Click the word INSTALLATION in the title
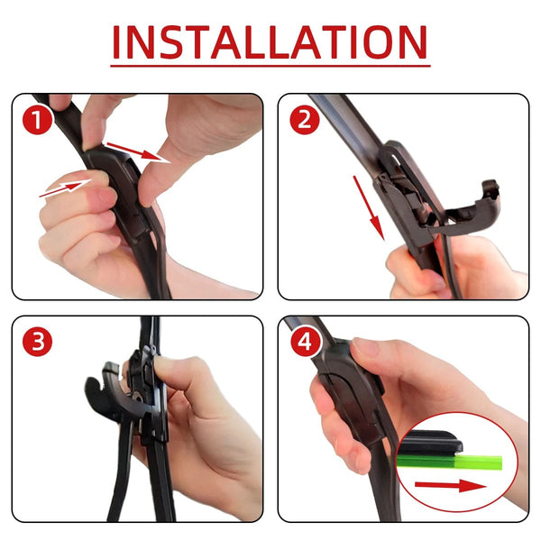270,41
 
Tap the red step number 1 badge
37,119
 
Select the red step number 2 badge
303,119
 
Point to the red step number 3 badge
37,342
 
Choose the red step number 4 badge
303,342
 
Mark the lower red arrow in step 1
65,188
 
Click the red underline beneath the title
270,66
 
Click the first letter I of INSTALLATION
119,41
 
